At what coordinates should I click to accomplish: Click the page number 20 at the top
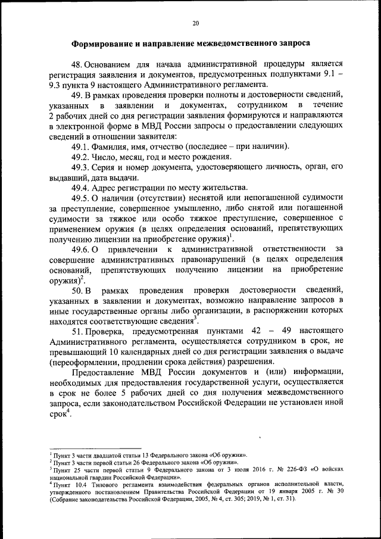pos(195,23)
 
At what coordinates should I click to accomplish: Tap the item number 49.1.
pos(81,147)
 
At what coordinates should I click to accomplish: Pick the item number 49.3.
pos(81,168)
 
